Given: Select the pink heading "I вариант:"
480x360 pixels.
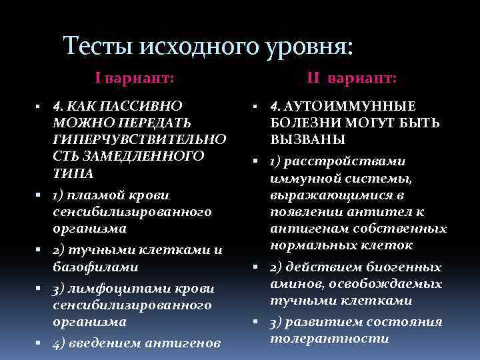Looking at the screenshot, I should (x=135, y=78).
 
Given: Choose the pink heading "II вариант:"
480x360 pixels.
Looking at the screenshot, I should (x=351, y=78).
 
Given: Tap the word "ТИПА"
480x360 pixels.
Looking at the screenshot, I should (x=69, y=173).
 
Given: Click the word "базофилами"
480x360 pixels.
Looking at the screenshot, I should (x=95, y=267).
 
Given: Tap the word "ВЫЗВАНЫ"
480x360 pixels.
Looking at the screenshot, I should (x=307, y=141).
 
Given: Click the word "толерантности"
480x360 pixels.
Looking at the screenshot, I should (x=329, y=338).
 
